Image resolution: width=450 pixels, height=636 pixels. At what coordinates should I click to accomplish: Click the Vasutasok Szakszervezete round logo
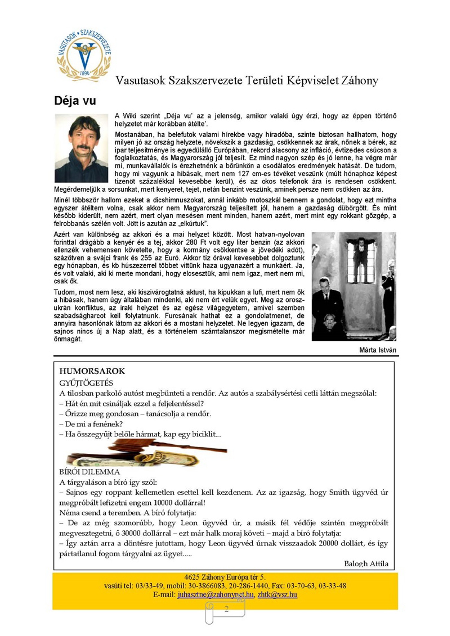click(x=84, y=55)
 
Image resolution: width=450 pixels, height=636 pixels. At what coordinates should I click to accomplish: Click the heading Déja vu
click(x=75, y=101)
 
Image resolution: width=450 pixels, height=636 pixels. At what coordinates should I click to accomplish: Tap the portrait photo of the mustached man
click(x=81, y=148)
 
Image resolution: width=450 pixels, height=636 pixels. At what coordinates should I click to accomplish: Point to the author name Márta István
click(x=377, y=350)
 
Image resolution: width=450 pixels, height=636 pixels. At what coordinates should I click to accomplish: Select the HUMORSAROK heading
click(x=92, y=371)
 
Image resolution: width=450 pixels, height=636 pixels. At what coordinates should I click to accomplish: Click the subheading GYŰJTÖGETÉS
click(x=86, y=383)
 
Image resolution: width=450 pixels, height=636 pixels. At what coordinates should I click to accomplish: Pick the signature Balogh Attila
click(x=366, y=564)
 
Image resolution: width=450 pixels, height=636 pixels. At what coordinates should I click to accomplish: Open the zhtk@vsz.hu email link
click(x=277, y=595)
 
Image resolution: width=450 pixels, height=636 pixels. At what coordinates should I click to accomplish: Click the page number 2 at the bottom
click(x=226, y=609)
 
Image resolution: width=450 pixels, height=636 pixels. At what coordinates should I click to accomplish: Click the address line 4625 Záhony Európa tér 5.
click(x=225, y=577)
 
